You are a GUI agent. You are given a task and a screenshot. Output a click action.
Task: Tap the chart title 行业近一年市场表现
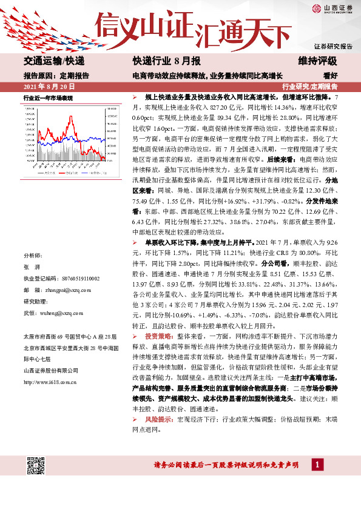[x=48, y=97]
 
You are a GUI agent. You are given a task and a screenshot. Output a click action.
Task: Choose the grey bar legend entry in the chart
[x=41, y=173]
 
